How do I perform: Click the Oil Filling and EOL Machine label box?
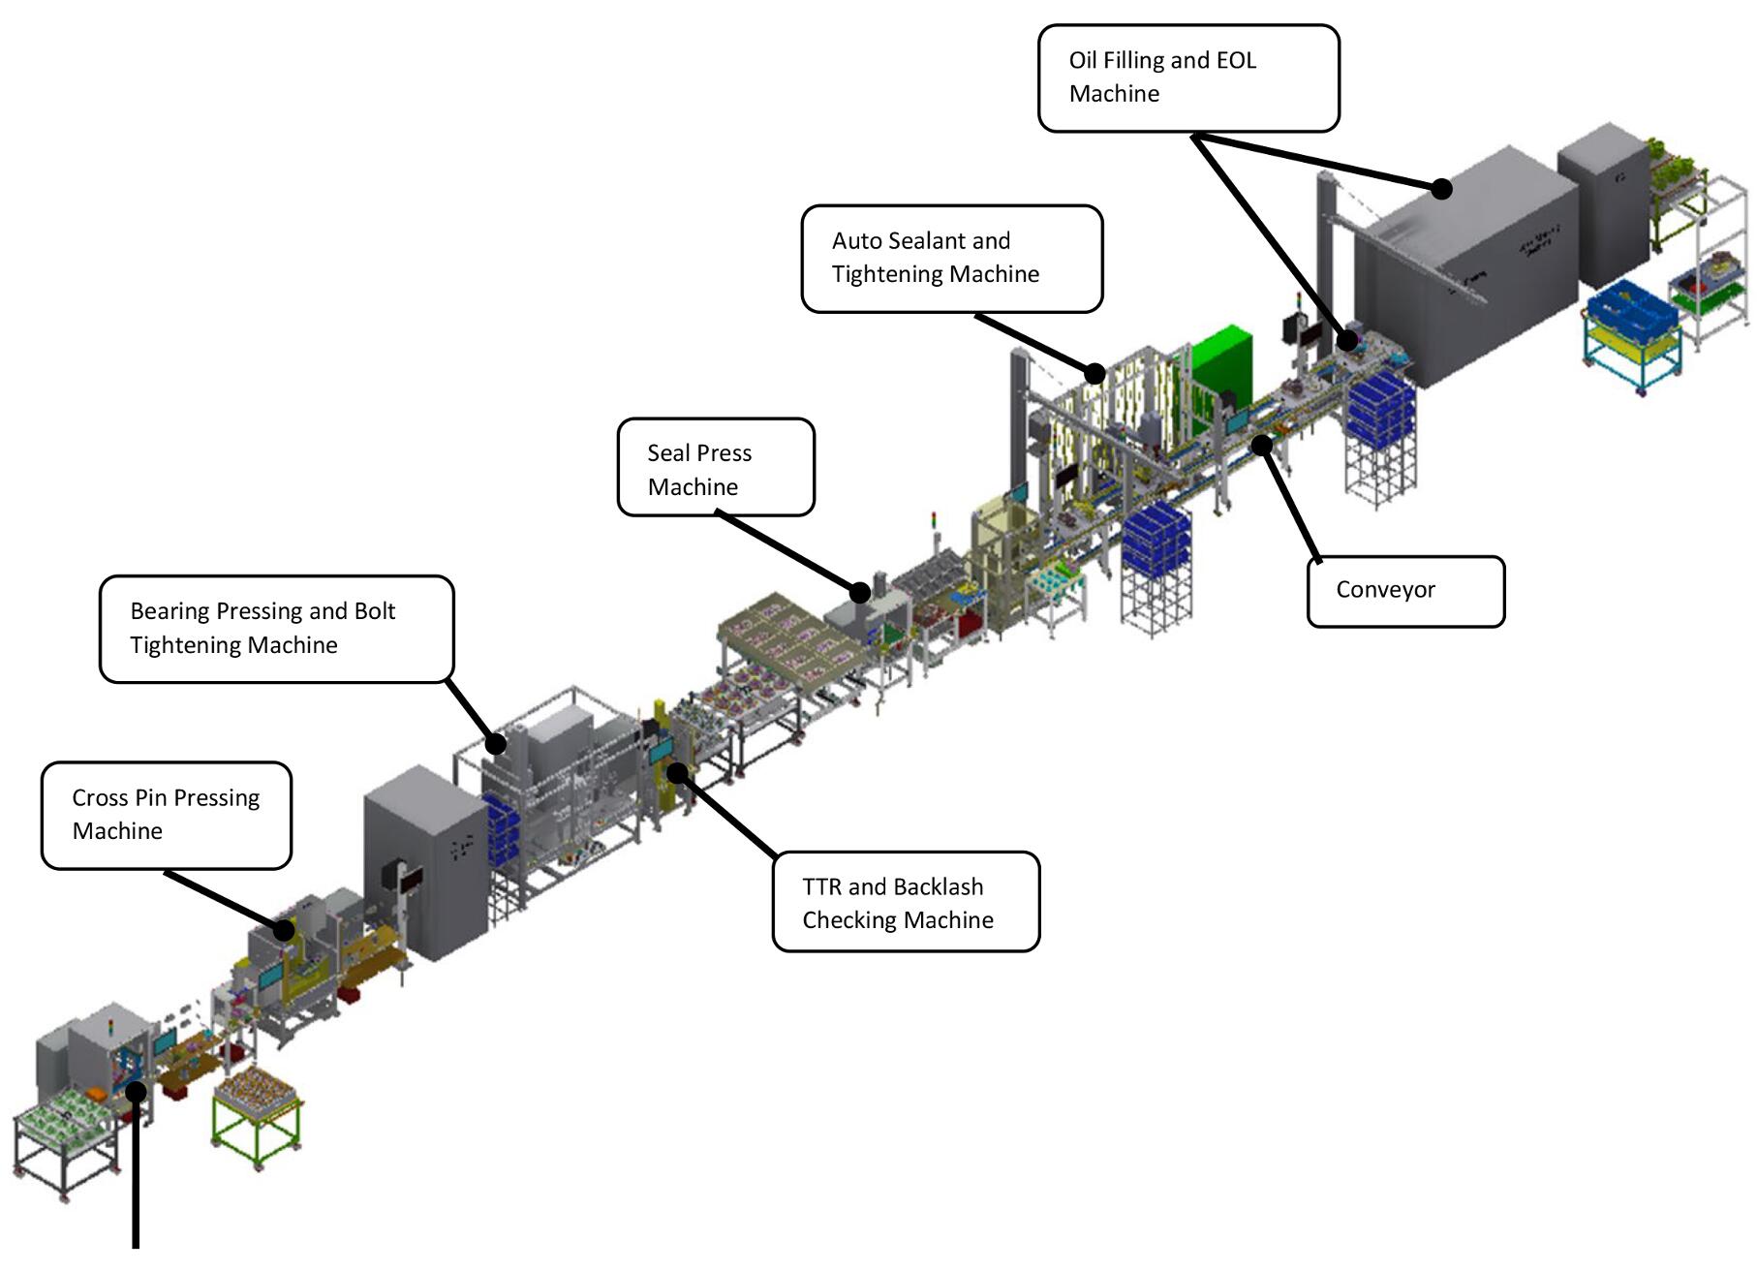pyautogui.click(x=1188, y=78)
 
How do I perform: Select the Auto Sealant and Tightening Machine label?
pyautogui.click(x=952, y=259)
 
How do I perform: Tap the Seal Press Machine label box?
pyautogui.click(x=716, y=467)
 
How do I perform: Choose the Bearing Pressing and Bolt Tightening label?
pyautogui.click(x=277, y=629)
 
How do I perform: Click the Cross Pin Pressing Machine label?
pyautogui.click(x=167, y=815)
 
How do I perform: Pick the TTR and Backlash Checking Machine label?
pyautogui.click(x=906, y=902)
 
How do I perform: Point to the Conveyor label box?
pyautogui.click(x=1405, y=591)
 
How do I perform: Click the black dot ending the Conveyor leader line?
pyautogui.click(x=1261, y=446)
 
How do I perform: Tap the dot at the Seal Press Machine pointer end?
pyautogui.click(x=859, y=591)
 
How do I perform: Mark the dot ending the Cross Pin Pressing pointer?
pyautogui.click(x=284, y=930)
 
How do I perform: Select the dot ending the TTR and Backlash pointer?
pyautogui.click(x=678, y=772)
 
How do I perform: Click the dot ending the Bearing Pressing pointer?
pyautogui.click(x=495, y=743)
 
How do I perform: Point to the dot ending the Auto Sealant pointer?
pyautogui.click(x=1094, y=373)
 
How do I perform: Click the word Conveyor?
pyautogui.click(x=1385, y=590)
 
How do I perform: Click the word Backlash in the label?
pyautogui.click(x=938, y=886)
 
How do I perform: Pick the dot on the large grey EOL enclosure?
pyautogui.click(x=1441, y=189)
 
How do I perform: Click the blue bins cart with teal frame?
pyautogui.click(x=1633, y=334)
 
